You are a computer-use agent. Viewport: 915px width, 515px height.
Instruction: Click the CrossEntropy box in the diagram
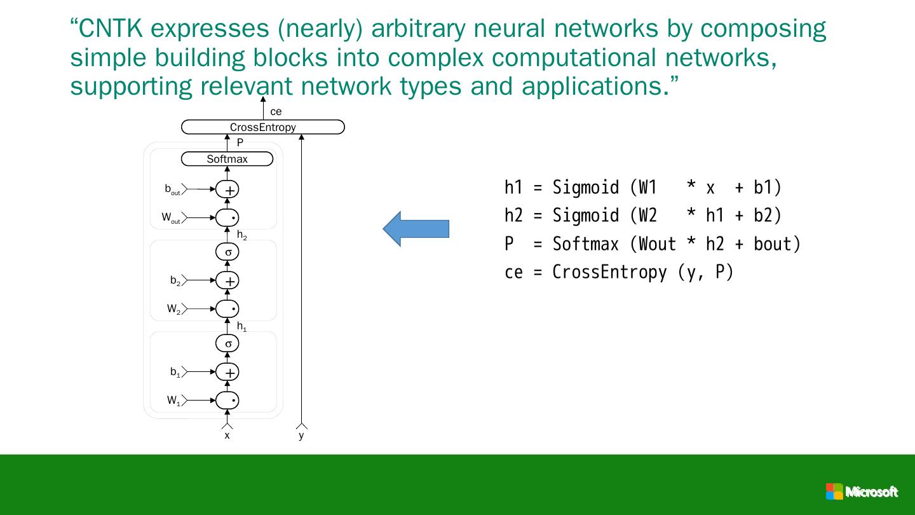tap(262, 127)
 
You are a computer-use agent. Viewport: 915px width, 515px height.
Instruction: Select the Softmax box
tap(227, 159)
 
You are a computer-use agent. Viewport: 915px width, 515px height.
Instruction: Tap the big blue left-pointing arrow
tap(416, 229)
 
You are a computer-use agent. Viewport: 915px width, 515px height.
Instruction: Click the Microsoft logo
tap(862, 491)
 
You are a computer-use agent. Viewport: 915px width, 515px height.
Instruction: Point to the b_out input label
tap(172, 189)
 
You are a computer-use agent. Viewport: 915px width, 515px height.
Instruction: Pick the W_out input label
tap(170, 217)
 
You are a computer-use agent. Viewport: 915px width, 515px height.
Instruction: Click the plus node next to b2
tap(227, 280)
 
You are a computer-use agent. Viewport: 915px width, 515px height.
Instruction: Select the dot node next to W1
tap(227, 401)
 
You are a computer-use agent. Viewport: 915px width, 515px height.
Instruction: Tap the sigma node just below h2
tap(227, 252)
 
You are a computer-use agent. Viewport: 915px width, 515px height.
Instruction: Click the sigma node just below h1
tap(227, 344)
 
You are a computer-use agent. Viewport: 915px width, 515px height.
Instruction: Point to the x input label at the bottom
tap(227, 436)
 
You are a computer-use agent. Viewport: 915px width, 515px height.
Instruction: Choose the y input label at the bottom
tap(301, 436)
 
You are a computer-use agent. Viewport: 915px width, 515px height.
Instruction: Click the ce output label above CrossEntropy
tap(276, 112)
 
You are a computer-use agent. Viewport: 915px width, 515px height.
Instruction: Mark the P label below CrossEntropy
tap(240, 143)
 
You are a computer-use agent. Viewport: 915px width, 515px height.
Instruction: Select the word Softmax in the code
tap(585, 244)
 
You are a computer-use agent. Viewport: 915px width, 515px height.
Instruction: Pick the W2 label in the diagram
tap(174, 309)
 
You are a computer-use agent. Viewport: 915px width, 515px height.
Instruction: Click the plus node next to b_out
tap(227, 189)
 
